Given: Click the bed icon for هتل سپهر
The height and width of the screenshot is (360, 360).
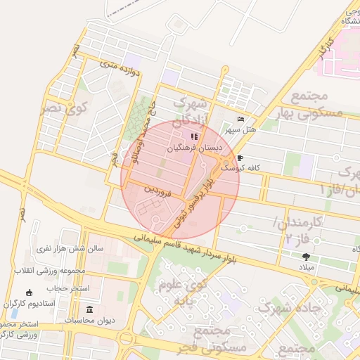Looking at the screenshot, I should (240, 120).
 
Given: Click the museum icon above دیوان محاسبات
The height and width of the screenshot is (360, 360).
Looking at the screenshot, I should (89, 309).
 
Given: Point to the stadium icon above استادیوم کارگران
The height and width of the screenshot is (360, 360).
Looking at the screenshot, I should (29, 292).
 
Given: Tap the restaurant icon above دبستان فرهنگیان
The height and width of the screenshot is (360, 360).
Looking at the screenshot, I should (194, 136).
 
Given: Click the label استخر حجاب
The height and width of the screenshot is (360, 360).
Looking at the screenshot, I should (65, 288).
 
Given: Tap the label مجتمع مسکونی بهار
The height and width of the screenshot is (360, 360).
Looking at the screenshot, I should (309, 103).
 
